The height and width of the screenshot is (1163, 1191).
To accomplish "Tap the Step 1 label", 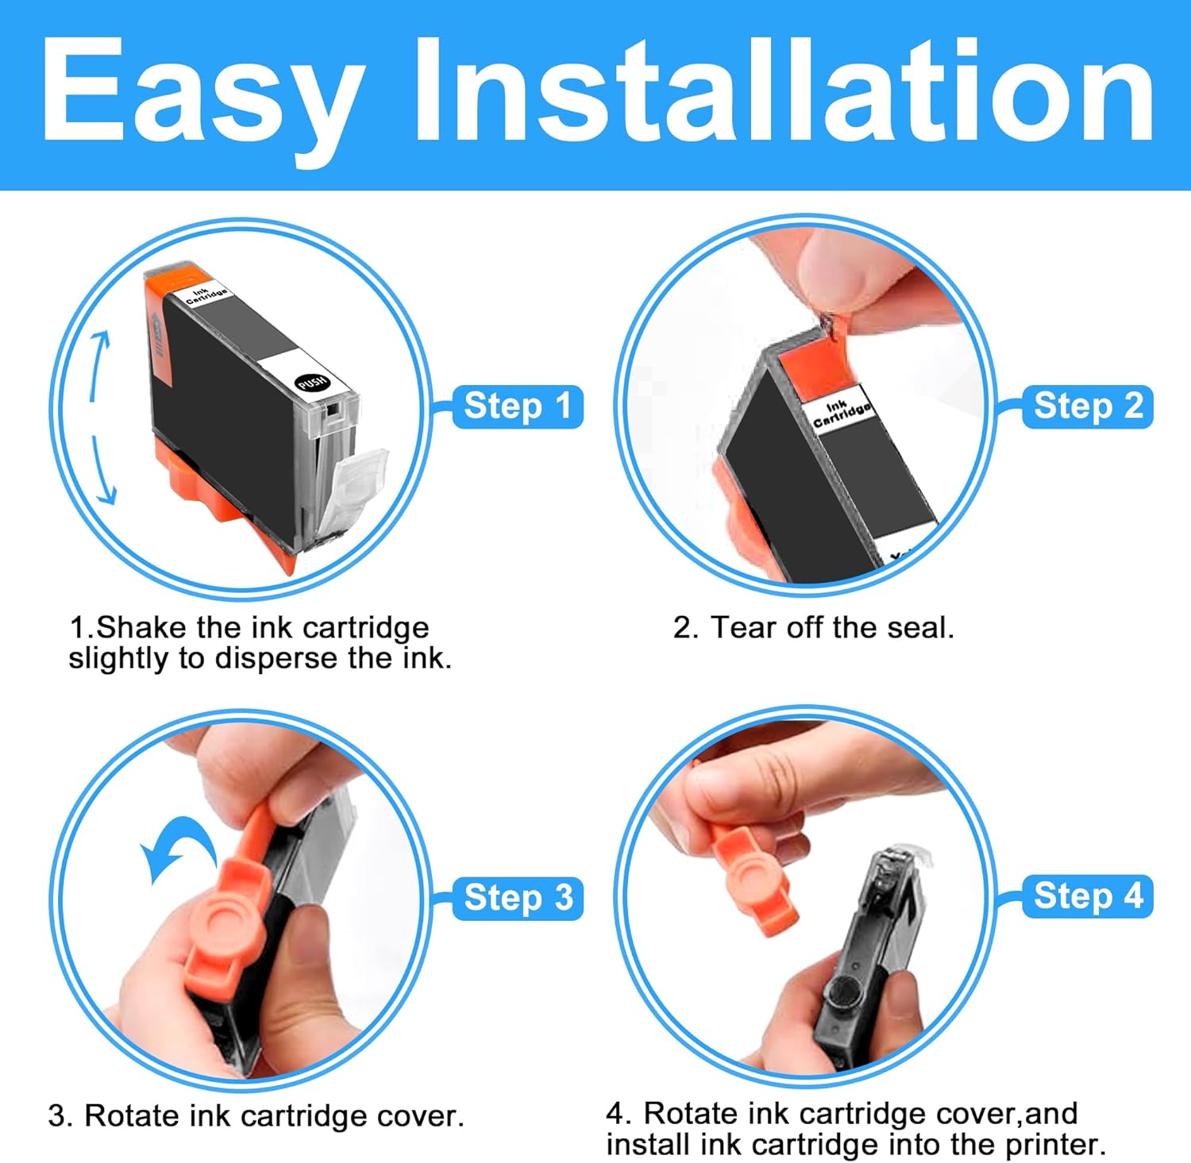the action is point(518,406).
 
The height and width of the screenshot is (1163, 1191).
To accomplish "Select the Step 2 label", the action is point(1088,406).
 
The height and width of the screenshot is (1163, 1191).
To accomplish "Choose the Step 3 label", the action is point(518,898).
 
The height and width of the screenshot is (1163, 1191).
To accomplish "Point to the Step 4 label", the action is point(1088,896).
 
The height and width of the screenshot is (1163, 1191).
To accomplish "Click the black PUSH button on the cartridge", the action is point(312,383).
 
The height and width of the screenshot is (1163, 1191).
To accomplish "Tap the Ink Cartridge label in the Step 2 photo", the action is point(842,413).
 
